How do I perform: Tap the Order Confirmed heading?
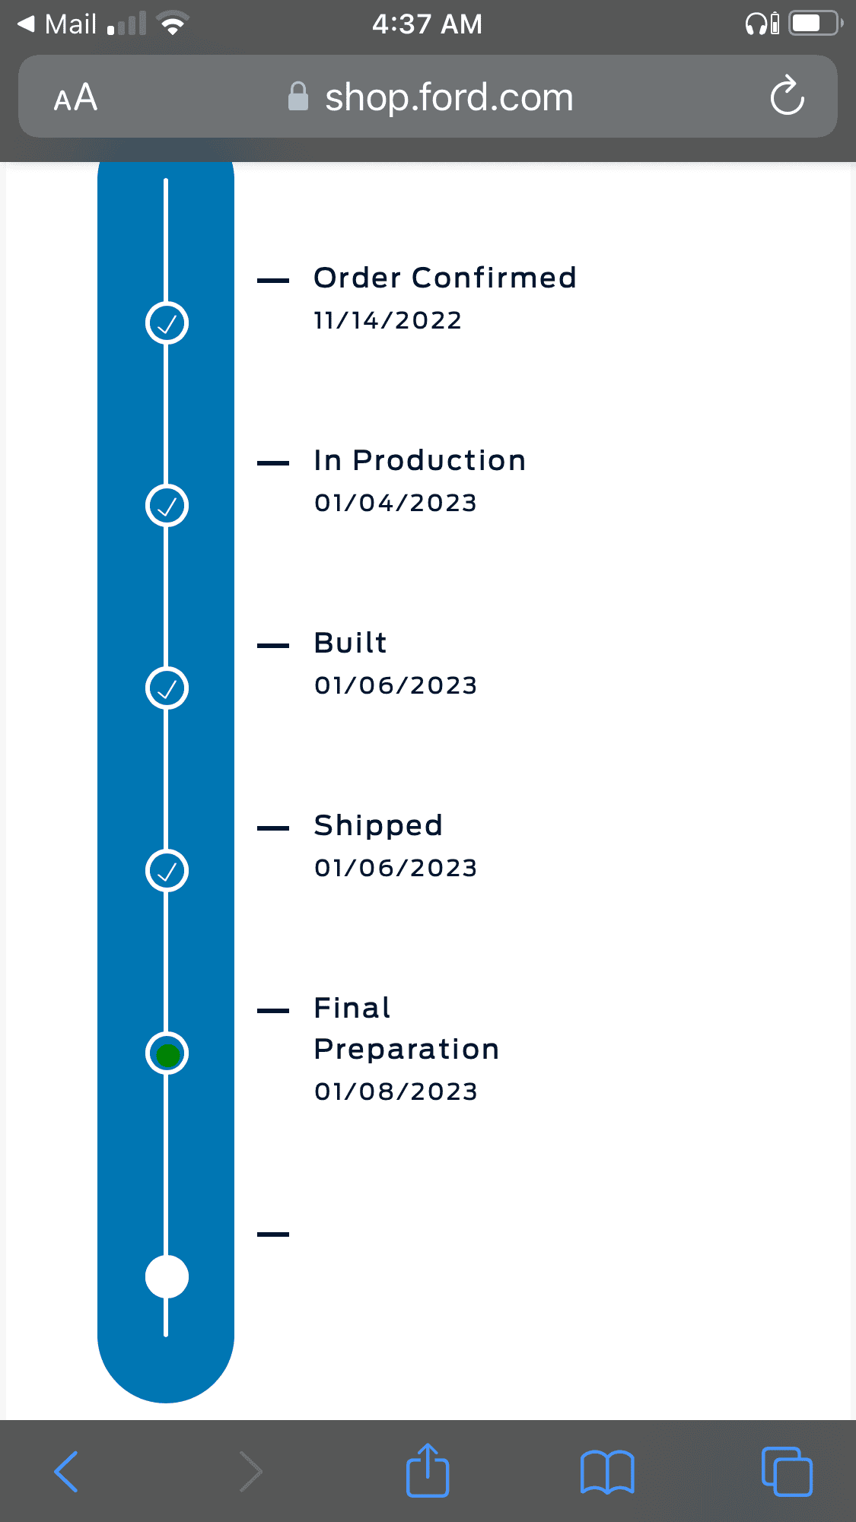point(445,278)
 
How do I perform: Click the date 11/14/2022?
point(388,320)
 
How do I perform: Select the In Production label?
point(420,460)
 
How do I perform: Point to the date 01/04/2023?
point(396,503)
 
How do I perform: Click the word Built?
point(351,643)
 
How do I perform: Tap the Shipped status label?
point(378,826)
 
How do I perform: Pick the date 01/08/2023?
point(396,1091)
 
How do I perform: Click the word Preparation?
point(406,1050)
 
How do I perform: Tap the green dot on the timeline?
point(167,1054)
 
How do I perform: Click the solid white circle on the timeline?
point(167,1276)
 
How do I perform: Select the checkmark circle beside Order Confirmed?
point(167,323)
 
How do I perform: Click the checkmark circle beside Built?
point(167,688)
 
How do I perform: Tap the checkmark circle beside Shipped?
point(167,871)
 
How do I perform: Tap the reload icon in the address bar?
point(787,96)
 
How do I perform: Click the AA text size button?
point(75,97)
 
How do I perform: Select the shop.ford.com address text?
point(449,97)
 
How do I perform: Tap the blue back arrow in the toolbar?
point(66,1472)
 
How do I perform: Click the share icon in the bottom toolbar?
point(428,1470)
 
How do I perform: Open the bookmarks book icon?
point(607,1472)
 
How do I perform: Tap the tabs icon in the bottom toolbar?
point(787,1472)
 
